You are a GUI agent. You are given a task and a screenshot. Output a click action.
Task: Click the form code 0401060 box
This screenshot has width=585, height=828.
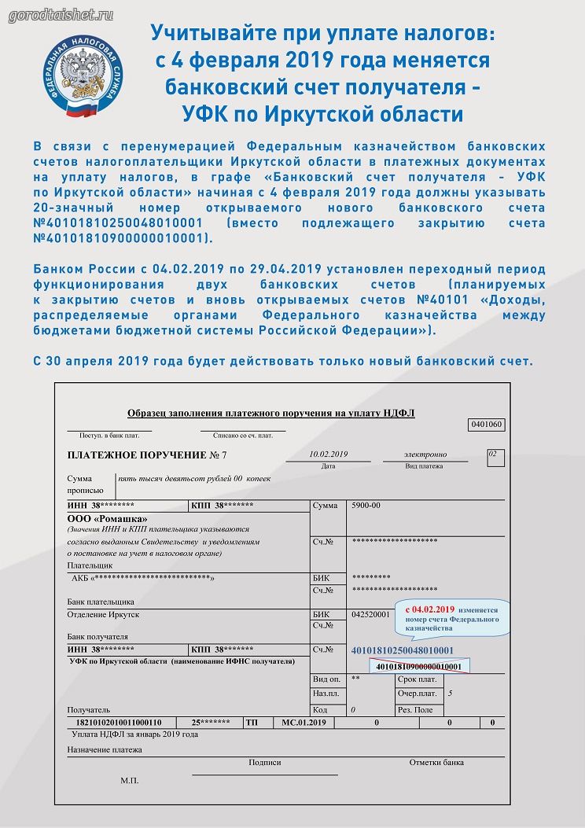click(x=486, y=425)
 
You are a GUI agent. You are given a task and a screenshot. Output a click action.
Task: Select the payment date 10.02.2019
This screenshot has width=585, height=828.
click(x=329, y=454)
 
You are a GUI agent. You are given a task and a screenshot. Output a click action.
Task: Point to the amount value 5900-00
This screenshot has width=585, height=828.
click(x=365, y=505)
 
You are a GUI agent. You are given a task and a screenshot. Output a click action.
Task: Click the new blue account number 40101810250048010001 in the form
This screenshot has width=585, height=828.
click(x=402, y=650)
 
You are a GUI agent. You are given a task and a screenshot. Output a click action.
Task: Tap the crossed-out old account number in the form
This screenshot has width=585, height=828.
click(x=418, y=667)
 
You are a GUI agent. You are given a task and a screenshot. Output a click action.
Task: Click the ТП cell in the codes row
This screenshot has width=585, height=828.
click(x=252, y=722)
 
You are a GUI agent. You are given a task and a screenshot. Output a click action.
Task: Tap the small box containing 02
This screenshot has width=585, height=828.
click(x=492, y=454)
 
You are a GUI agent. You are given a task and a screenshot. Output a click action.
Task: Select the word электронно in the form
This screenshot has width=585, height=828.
click(x=425, y=454)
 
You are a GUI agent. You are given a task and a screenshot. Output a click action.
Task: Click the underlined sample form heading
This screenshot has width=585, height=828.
click(x=270, y=413)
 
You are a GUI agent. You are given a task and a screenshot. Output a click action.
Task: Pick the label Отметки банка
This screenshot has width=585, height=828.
click(x=436, y=762)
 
